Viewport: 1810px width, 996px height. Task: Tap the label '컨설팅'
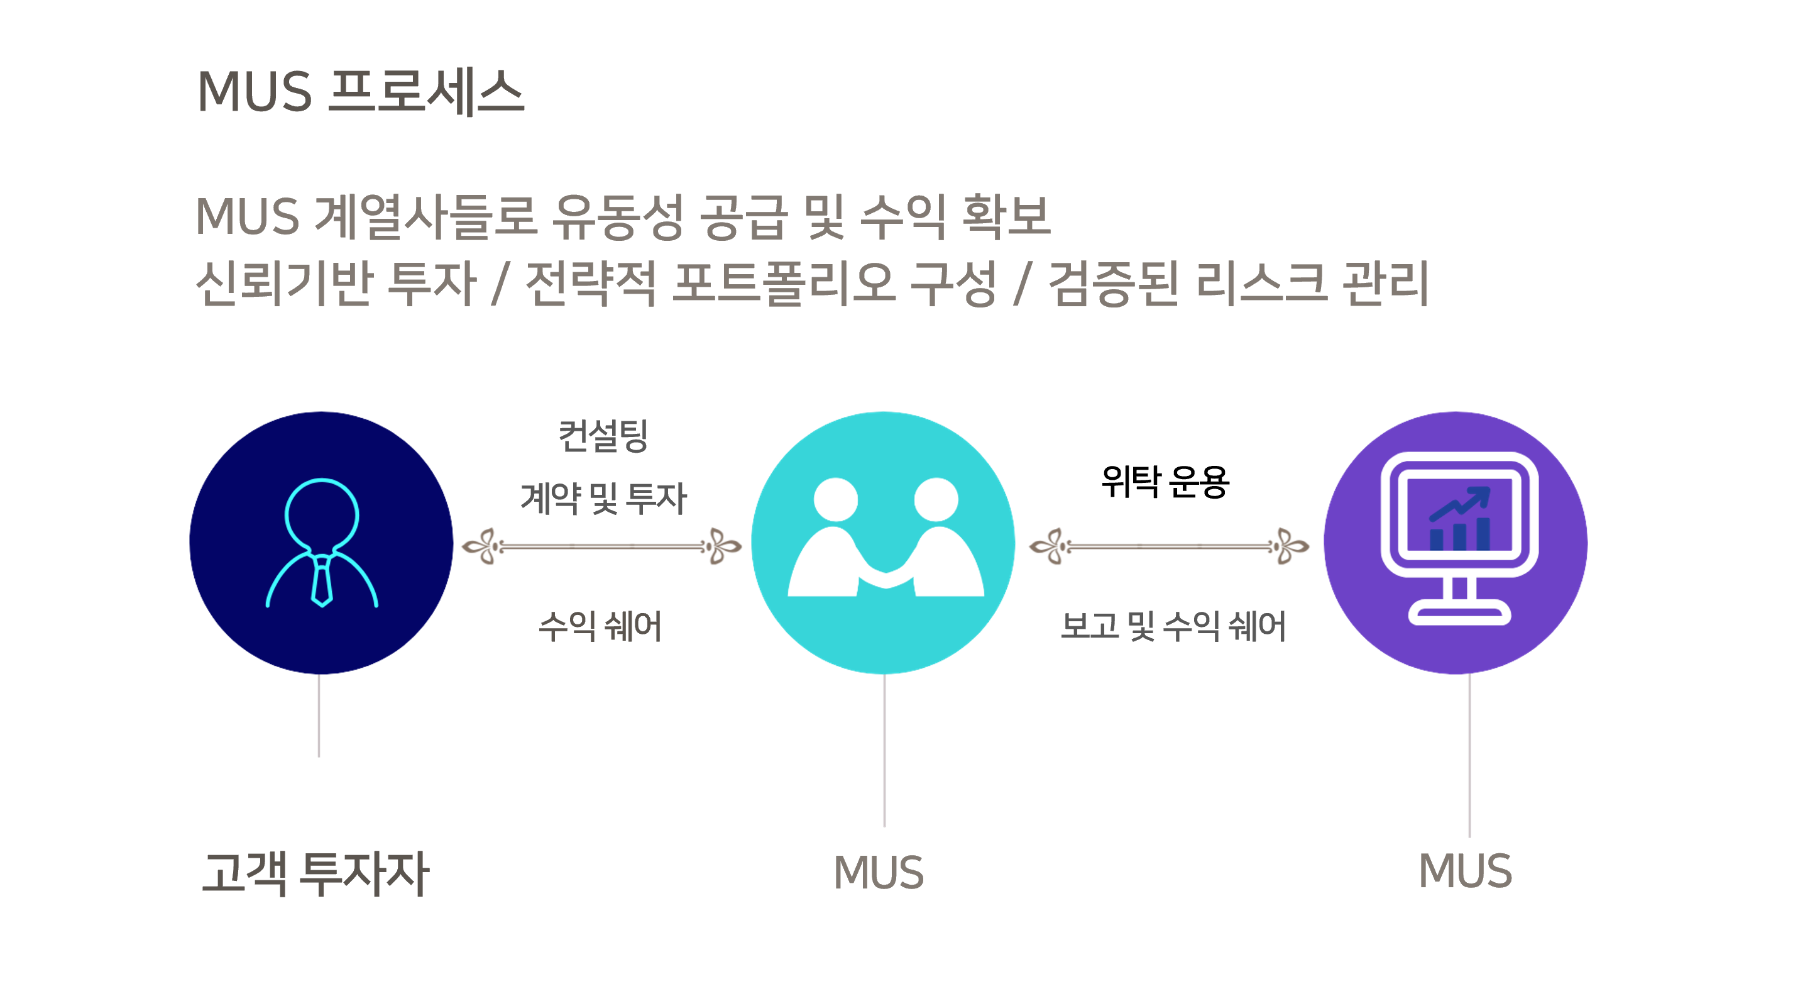(603, 436)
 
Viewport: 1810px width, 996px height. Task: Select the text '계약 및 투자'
(603, 499)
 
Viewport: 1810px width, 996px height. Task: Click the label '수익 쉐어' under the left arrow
(600, 626)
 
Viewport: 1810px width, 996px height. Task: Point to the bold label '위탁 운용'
(1165, 482)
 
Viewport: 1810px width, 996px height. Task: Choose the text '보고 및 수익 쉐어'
(1173, 626)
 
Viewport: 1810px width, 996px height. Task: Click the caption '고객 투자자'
(315, 873)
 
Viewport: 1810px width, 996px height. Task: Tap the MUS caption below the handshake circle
(879, 873)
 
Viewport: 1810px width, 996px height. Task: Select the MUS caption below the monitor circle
(1465, 871)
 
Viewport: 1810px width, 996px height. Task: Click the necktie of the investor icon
(322, 580)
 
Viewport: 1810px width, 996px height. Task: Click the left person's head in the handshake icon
(835, 500)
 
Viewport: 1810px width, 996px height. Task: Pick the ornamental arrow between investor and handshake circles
(601, 546)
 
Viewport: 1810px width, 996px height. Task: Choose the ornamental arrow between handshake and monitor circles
(1168, 546)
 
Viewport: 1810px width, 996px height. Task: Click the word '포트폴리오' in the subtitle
(784, 283)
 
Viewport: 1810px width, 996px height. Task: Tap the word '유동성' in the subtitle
(618, 216)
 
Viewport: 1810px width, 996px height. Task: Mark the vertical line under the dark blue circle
(319, 716)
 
